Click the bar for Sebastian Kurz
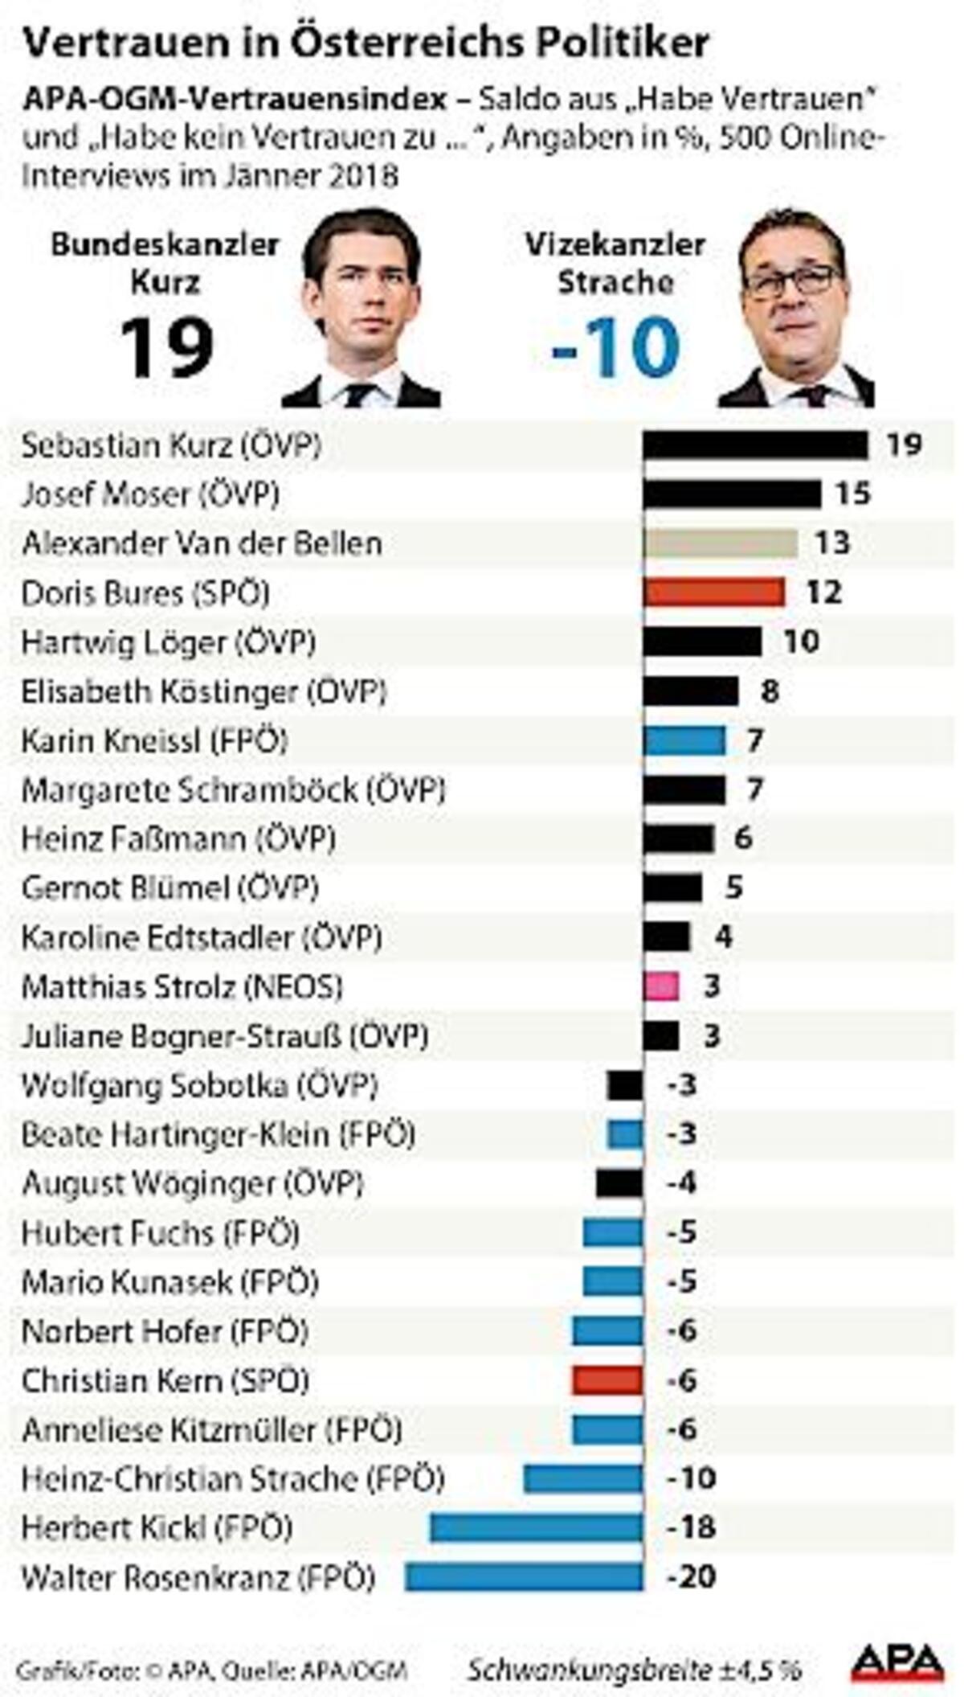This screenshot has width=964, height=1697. [755, 445]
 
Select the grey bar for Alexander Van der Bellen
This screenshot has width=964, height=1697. [720, 543]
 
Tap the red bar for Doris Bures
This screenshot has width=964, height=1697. [713, 592]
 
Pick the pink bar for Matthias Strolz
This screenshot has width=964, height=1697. [661, 986]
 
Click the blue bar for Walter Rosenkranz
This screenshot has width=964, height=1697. [524, 1577]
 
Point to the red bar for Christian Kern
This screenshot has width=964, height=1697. [607, 1380]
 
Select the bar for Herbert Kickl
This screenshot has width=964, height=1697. [537, 1527]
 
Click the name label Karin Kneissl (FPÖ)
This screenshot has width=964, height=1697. [154, 740]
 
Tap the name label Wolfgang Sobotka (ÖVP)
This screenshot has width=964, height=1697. [199, 1085]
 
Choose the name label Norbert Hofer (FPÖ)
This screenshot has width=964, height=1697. [165, 1331]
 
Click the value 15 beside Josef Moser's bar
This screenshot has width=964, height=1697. [852, 494]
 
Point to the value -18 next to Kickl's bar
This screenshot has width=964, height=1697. [691, 1527]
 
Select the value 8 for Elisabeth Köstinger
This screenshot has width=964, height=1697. [770, 691]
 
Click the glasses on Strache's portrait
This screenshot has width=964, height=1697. [791, 281]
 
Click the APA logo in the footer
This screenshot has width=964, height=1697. [897, 1663]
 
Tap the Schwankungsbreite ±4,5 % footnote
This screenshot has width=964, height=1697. [635, 1670]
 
